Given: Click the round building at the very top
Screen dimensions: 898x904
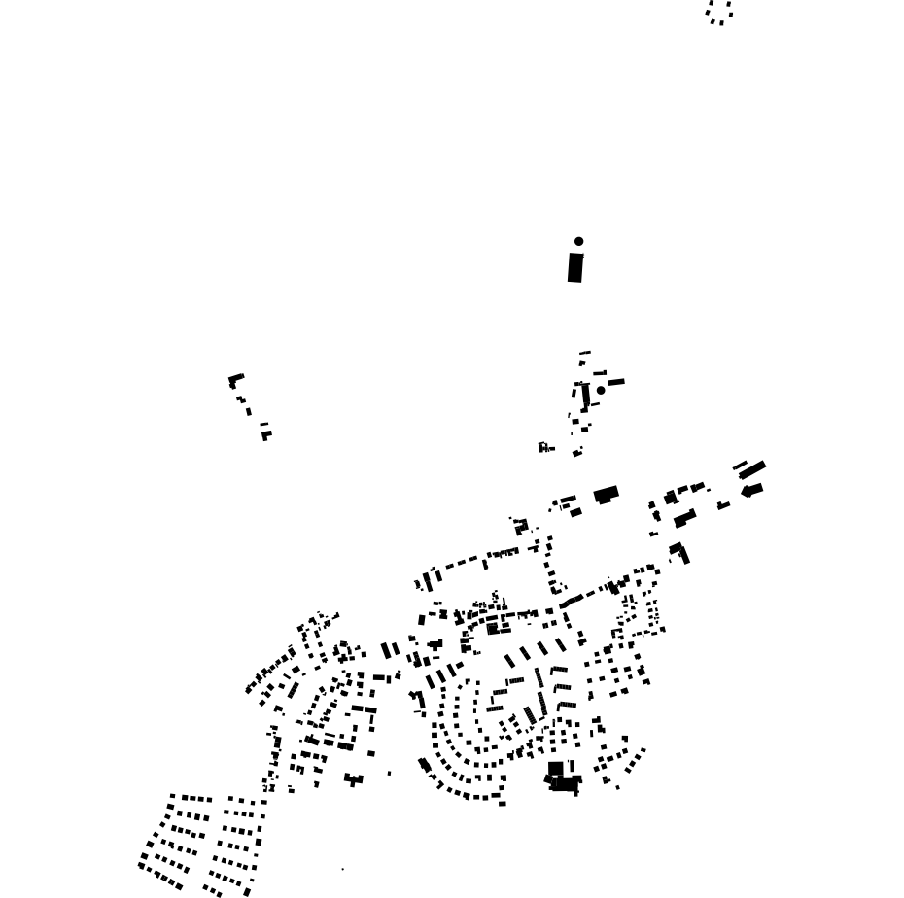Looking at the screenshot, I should point(579,241).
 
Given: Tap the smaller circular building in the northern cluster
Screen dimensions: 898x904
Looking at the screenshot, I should point(601,391).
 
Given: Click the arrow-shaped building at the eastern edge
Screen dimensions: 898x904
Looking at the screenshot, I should point(752,490).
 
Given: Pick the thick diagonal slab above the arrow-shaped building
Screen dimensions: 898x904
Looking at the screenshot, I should point(754,469).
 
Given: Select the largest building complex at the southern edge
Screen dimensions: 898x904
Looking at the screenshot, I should point(563,780).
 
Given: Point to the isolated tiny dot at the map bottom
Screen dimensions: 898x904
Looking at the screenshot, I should point(342,869).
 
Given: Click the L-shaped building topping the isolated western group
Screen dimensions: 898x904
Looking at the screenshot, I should point(235,380).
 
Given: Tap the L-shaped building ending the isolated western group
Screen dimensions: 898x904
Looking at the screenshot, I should point(265,434).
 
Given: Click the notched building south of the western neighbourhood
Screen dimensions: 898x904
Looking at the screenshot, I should point(353,778).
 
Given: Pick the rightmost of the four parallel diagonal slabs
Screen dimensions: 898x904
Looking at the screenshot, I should point(560,644).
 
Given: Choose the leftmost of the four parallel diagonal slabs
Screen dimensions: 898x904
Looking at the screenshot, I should point(509,661).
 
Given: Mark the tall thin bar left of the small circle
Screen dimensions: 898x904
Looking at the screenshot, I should point(586,395).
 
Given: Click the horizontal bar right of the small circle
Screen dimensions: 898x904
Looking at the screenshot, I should point(616,383).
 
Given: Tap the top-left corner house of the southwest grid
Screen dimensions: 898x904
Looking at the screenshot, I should point(173,797).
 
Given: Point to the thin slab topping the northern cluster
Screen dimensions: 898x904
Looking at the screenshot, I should point(585,353).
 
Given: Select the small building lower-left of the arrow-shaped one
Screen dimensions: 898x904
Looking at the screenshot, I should point(723,505).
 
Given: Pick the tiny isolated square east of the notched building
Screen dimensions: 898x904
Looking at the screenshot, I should point(390,774).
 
